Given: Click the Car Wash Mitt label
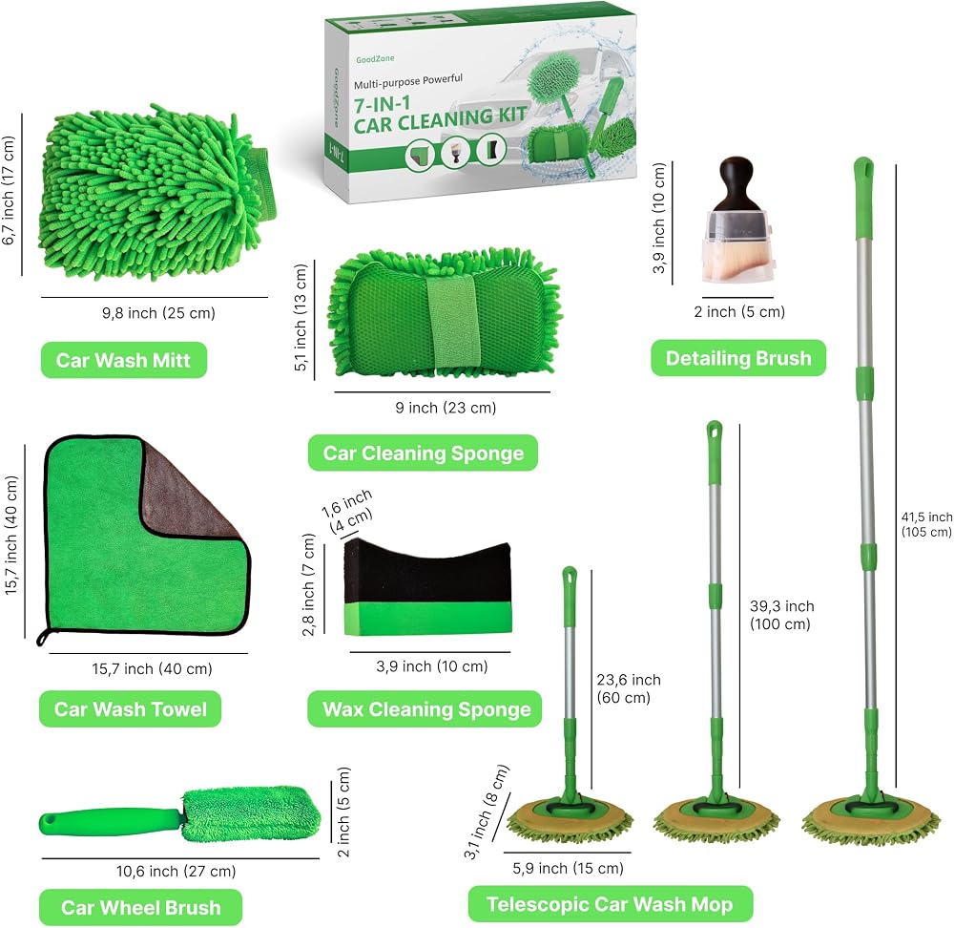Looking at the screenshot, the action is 123,360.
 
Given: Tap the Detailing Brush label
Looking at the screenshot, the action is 738,358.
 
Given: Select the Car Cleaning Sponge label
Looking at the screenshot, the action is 423,453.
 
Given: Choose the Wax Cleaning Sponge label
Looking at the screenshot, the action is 425,708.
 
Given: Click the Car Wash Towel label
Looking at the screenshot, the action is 130,708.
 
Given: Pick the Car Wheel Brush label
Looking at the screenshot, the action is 140,907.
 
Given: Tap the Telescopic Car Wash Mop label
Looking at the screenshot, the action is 610,904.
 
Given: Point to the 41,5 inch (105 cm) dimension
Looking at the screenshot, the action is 926,524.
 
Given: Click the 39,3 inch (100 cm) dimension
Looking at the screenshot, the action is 782,615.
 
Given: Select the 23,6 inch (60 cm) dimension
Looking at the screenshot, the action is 628,688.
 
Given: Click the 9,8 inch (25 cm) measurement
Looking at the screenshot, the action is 158,313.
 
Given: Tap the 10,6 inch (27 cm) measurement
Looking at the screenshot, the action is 176,872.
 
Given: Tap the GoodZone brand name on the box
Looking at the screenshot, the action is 375,59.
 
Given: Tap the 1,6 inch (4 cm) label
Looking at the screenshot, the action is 347,512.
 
